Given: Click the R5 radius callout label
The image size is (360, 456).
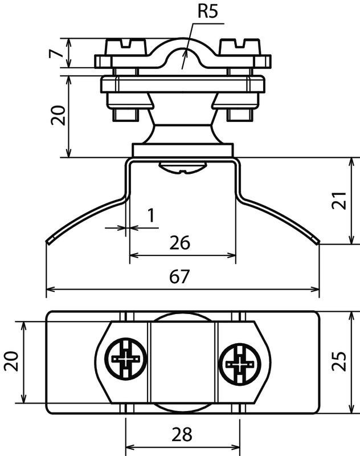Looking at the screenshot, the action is pos(207,11).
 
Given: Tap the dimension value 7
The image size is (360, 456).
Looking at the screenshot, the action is pos(55,53).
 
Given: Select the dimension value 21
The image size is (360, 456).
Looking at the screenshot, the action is pos(339,201).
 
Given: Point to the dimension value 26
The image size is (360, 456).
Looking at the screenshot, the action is pos(180,243).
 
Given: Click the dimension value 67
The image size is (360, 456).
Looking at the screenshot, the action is pos(179,276).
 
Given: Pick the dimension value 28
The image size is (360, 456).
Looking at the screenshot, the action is pos(182,435).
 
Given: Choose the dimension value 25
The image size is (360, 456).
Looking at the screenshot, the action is pos(339,361).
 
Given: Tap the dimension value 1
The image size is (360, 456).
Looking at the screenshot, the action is pos(151,215).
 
